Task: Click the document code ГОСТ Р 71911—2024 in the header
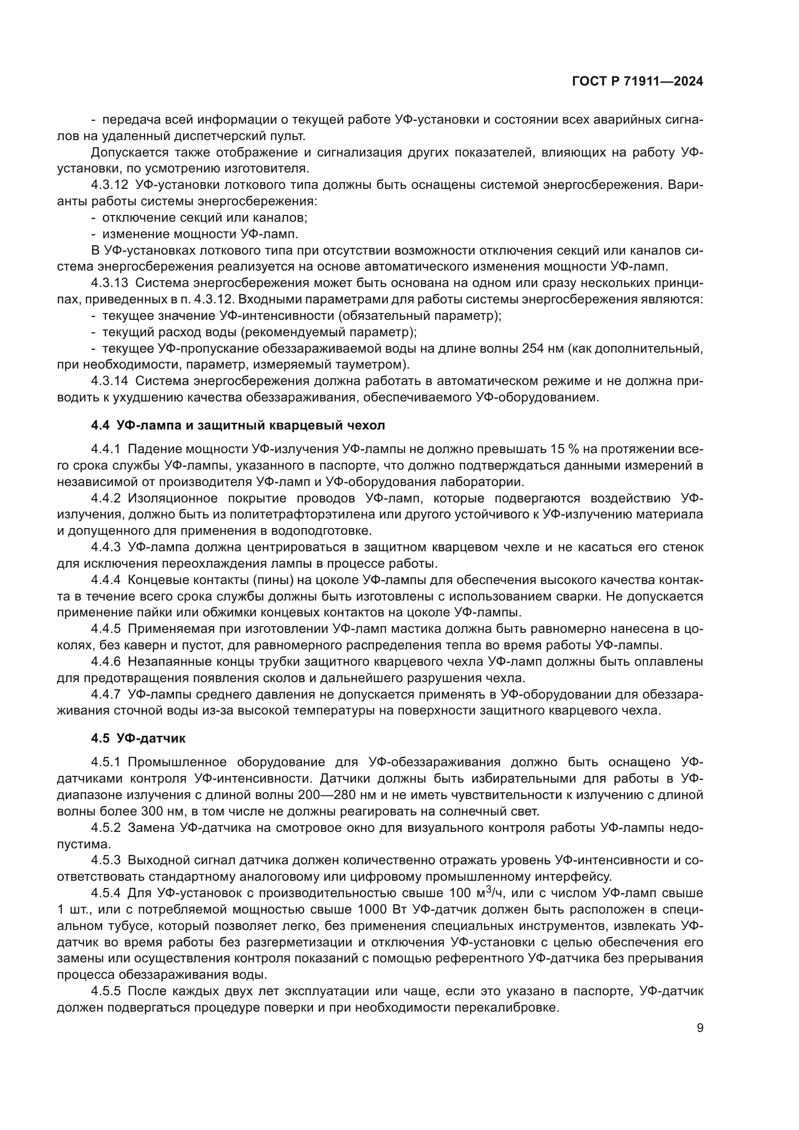click(x=638, y=82)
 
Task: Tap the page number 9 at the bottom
click(x=700, y=1028)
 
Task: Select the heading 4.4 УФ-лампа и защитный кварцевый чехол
click(x=238, y=425)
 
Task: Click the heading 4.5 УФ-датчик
click(x=138, y=738)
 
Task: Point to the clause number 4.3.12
click(x=109, y=185)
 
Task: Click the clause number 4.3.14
click(x=109, y=381)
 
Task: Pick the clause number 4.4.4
click(x=106, y=580)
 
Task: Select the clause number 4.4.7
click(x=106, y=694)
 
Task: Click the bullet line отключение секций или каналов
click(x=204, y=217)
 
